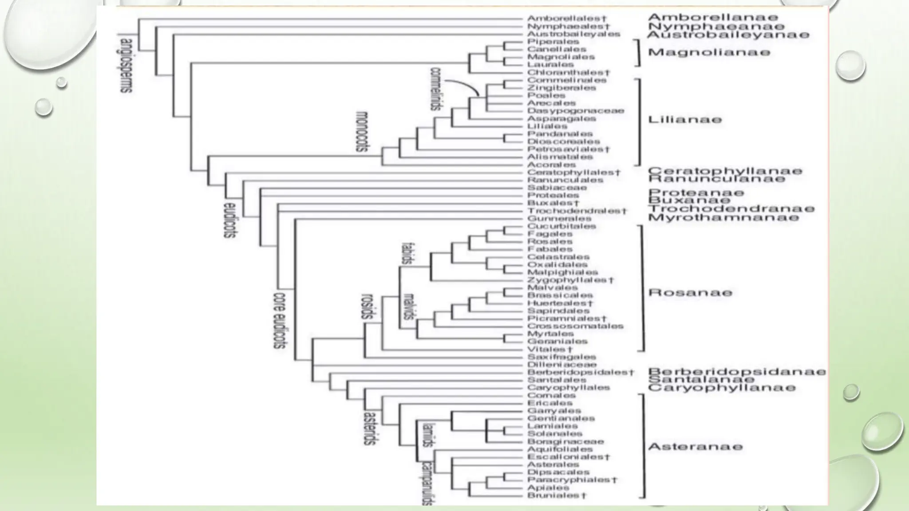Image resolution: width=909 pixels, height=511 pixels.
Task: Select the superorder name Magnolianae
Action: (x=709, y=52)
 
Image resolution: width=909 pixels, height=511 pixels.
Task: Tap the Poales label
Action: (x=546, y=95)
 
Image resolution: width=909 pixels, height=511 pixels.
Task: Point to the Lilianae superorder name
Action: (x=685, y=119)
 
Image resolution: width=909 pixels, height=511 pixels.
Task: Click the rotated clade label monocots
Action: (x=362, y=131)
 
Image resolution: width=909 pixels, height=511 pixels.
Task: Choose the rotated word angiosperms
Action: (x=126, y=66)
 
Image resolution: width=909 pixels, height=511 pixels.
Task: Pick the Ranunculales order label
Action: (x=565, y=180)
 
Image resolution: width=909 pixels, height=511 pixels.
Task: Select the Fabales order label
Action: (x=549, y=249)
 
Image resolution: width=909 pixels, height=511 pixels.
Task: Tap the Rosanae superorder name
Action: (x=690, y=293)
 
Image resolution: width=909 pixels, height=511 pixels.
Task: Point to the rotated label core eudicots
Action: (x=279, y=320)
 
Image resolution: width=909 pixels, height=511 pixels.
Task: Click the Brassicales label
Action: (x=560, y=295)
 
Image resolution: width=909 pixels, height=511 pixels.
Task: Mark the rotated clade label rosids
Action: (x=368, y=307)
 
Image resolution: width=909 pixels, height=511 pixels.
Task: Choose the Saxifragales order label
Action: (x=561, y=357)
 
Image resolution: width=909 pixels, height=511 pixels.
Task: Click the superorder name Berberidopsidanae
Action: (x=737, y=372)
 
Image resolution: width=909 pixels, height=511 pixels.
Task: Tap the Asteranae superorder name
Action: (x=695, y=447)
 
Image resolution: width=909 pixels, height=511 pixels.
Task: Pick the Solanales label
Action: (x=554, y=434)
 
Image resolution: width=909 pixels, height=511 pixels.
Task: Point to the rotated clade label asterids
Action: (x=369, y=428)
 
